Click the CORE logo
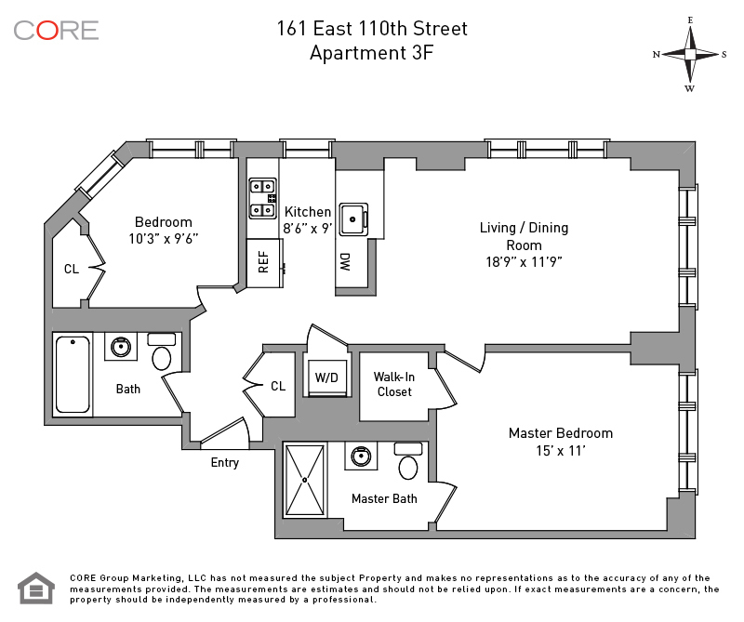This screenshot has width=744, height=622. (x=56, y=31)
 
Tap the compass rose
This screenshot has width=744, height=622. (x=690, y=55)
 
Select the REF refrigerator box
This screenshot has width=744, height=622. (x=265, y=262)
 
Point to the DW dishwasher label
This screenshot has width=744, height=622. (x=345, y=262)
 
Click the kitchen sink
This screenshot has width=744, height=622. (x=353, y=219)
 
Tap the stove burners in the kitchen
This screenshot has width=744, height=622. (x=263, y=198)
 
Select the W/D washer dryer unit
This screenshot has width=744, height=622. (x=327, y=377)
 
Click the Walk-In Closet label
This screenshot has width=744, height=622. (x=393, y=384)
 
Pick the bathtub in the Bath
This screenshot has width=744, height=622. (x=73, y=375)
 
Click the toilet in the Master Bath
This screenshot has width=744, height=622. (x=408, y=461)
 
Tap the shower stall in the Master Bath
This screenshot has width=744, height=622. (x=305, y=480)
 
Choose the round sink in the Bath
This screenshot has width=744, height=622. (x=121, y=347)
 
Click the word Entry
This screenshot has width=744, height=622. (x=224, y=463)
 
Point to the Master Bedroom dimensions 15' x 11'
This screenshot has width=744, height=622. (x=561, y=450)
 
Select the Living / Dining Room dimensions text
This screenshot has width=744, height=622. (x=524, y=262)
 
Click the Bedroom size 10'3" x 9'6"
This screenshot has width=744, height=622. (x=164, y=238)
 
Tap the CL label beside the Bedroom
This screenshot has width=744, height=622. (x=72, y=269)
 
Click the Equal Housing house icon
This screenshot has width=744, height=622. (x=36, y=589)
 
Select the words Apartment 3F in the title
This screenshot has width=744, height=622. (x=371, y=53)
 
